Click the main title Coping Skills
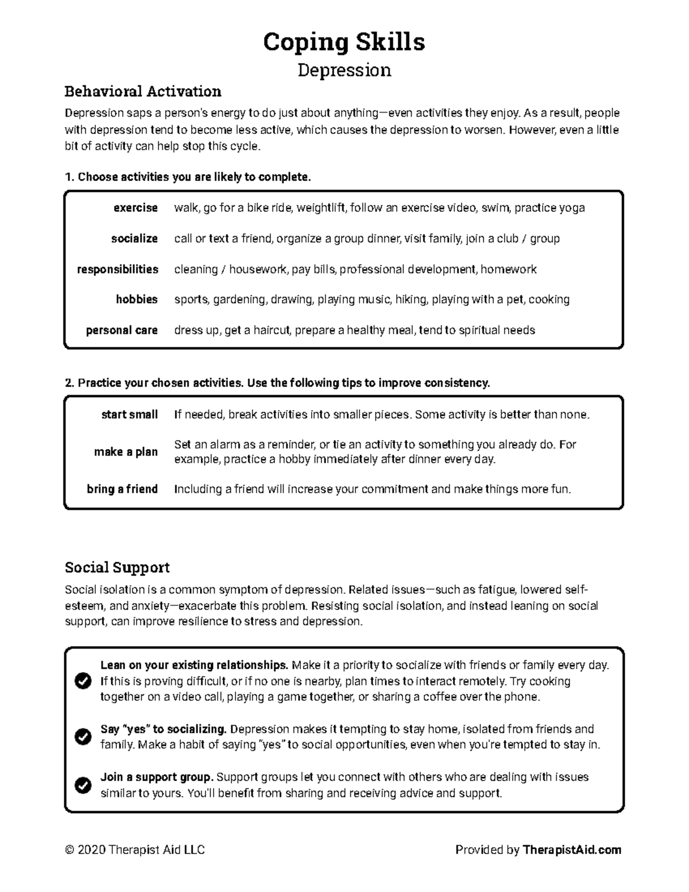click(x=344, y=42)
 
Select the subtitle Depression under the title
click(x=344, y=70)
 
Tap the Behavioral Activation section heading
click(x=143, y=91)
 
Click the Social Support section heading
click(x=117, y=567)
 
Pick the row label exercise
click(x=136, y=208)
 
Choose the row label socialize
click(x=134, y=238)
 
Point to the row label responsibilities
click(x=118, y=269)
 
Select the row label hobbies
click(x=137, y=299)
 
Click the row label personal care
click(x=122, y=330)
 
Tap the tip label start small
click(x=129, y=415)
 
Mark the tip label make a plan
click(x=126, y=452)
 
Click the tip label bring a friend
click(x=122, y=489)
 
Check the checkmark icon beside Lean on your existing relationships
click(x=83, y=681)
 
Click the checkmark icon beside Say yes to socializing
click(x=83, y=737)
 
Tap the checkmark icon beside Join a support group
click(x=83, y=785)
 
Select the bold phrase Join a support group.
click(x=157, y=777)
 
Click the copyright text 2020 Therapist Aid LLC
click(x=135, y=850)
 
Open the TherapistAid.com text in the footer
click(x=572, y=850)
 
